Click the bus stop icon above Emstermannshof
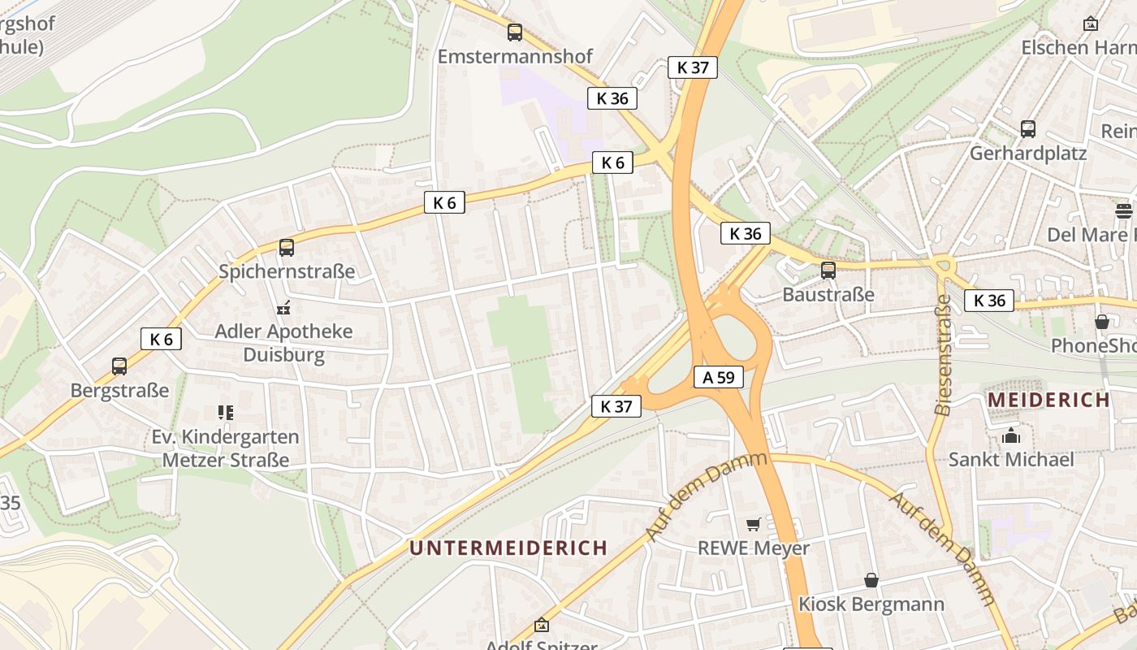pyautogui.click(x=515, y=32)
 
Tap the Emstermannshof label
pyautogui.click(x=515, y=56)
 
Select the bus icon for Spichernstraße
pyautogui.click(x=287, y=248)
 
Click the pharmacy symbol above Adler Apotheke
pyautogui.click(x=283, y=308)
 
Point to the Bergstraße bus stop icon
pyautogui.click(x=119, y=366)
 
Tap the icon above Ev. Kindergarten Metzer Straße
pyautogui.click(x=226, y=413)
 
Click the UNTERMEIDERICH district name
pyautogui.click(x=508, y=548)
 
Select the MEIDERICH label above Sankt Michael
pyautogui.click(x=1048, y=400)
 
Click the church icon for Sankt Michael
pyautogui.click(x=1011, y=436)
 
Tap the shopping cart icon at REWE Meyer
pyautogui.click(x=754, y=524)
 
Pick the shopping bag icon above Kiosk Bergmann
pyautogui.click(x=871, y=580)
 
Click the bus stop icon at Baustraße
pyautogui.click(x=828, y=271)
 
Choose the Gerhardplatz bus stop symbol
pyautogui.click(x=1028, y=129)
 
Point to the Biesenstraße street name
pyautogui.click(x=943, y=355)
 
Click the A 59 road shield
pyautogui.click(x=719, y=377)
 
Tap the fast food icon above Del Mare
pyautogui.click(x=1124, y=211)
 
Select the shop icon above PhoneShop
pyautogui.click(x=1102, y=322)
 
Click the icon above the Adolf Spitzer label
pyautogui.click(x=542, y=625)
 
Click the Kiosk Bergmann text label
pyautogui.click(x=871, y=604)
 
